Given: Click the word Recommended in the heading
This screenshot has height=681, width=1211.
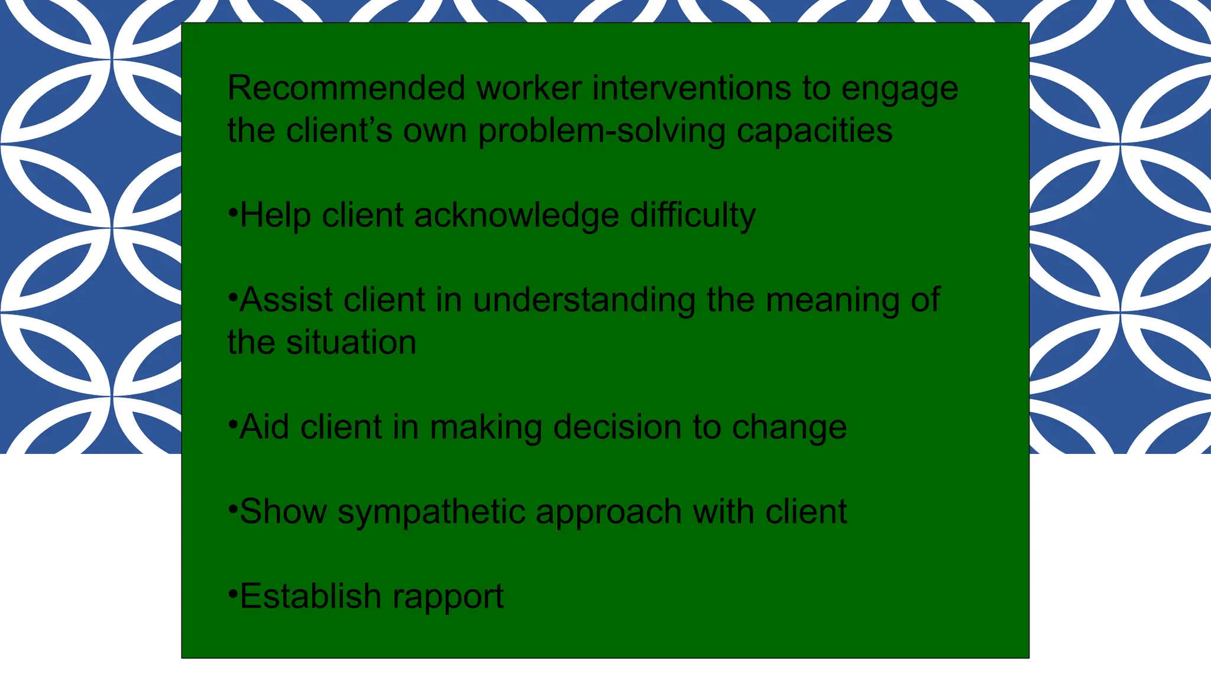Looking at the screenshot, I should (347, 89).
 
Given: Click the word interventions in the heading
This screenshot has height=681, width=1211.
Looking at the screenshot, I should (691, 89).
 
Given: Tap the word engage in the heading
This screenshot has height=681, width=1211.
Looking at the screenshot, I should (899, 90).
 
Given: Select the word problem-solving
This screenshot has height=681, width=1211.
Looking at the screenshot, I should (601, 131).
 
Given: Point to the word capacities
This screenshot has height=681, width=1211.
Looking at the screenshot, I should (814, 131).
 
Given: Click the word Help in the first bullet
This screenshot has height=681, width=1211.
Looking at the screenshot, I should (275, 215).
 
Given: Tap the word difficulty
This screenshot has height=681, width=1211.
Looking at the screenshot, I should (692, 216).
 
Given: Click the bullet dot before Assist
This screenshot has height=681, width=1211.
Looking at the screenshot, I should (232, 294).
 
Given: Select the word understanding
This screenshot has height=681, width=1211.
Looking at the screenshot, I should (584, 300).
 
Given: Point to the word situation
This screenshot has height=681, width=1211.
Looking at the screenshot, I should (351, 342).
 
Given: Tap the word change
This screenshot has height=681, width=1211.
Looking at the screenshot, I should (789, 428).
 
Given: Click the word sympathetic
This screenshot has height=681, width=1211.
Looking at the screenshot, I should (431, 513).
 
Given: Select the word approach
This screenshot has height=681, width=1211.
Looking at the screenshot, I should (608, 513).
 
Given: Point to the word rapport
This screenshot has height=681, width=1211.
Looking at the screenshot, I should (448, 597).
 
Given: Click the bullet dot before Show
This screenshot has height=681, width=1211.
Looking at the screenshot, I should (232, 505).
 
